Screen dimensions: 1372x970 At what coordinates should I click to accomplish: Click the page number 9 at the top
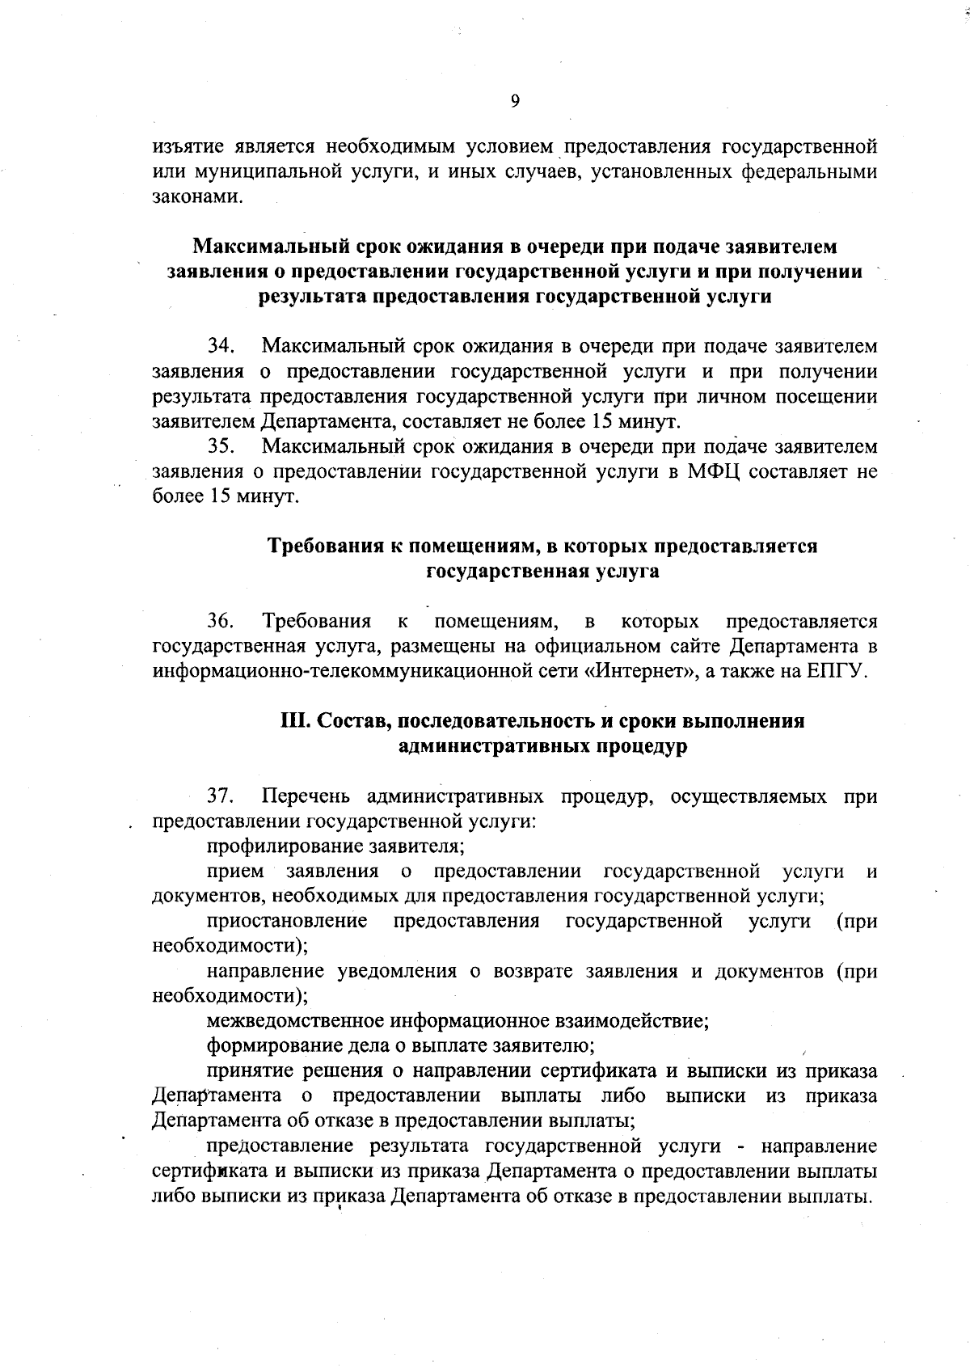click(x=516, y=100)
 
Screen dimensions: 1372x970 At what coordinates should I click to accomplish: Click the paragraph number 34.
click(x=221, y=347)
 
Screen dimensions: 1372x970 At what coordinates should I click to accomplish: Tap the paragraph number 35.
click(x=221, y=446)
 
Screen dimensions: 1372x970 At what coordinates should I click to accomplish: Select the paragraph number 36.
click(x=221, y=622)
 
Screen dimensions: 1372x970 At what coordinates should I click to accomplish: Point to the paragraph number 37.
click(x=221, y=797)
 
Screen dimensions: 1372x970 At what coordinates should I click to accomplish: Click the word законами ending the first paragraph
click(x=197, y=197)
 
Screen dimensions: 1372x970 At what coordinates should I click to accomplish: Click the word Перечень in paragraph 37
click(x=308, y=797)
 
